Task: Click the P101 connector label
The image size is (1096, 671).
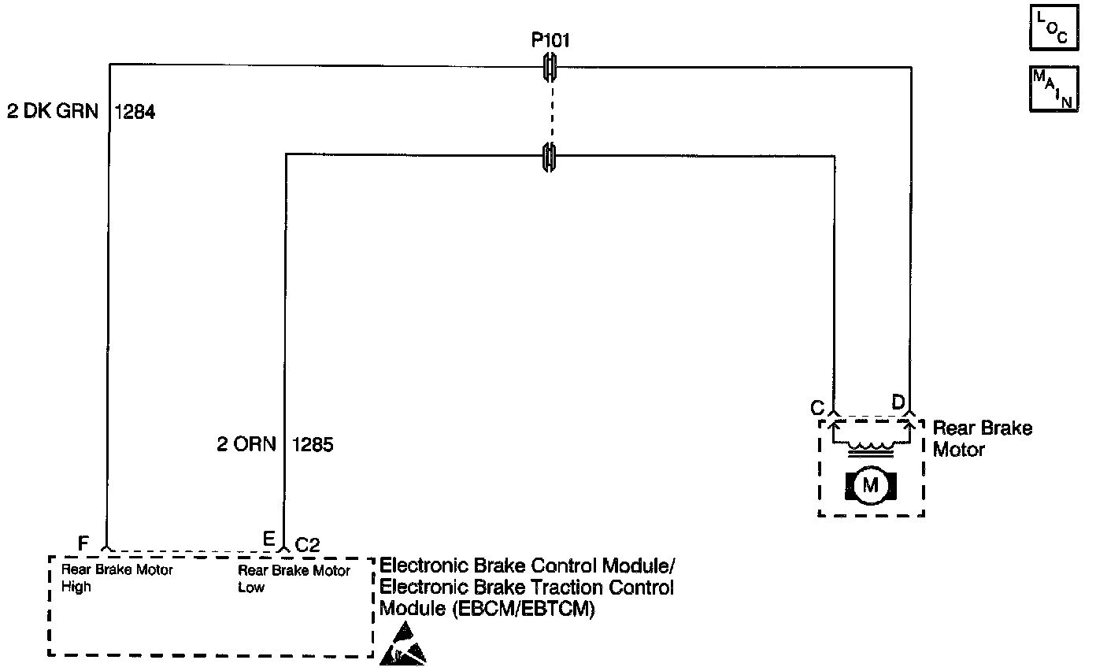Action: pyautogui.click(x=550, y=41)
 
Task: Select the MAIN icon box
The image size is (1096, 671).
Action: pyautogui.click(x=1053, y=89)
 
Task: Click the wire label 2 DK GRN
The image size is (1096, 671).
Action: pyautogui.click(x=53, y=112)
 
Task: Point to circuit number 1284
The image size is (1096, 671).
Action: pyautogui.click(x=135, y=112)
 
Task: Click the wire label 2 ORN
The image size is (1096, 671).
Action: pyautogui.click(x=246, y=445)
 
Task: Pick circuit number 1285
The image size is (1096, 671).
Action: pyautogui.click(x=313, y=445)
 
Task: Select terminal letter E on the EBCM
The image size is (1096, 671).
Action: pyautogui.click(x=268, y=539)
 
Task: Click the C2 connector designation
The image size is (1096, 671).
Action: pyautogui.click(x=307, y=543)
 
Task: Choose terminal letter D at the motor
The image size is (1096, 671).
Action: pyautogui.click(x=898, y=402)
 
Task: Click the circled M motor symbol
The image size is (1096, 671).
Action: pyautogui.click(x=870, y=484)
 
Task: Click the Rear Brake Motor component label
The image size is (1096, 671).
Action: pyautogui.click(x=982, y=439)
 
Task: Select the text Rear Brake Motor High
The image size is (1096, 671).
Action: pyautogui.click(x=117, y=578)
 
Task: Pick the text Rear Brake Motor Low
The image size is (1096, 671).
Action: pyautogui.click(x=294, y=578)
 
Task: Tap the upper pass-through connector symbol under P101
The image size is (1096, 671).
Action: pyautogui.click(x=550, y=68)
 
